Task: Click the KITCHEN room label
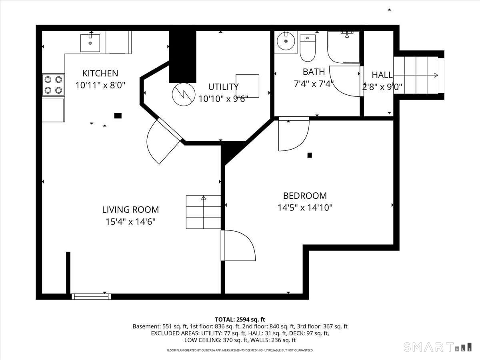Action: (100, 73)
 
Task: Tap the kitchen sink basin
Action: (90, 43)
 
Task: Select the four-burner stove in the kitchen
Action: (53, 85)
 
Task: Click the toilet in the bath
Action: (308, 48)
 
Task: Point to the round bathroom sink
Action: (286, 41)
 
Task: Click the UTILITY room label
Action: (223, 87)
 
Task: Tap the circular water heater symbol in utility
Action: (184, 94)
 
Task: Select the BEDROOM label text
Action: (305, 196)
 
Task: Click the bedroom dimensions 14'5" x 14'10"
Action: (305, 208)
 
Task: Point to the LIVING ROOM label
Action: (130, 210)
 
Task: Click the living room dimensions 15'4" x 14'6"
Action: (130, 222)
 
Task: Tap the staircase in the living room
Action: (203, 212)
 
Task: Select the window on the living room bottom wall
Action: (91, 297)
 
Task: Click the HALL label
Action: (382, 75)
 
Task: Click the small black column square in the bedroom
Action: (310, 155)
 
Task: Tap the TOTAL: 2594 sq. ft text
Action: (240, 319)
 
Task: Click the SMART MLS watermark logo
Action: (437, 347)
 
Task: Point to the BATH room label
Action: (314, 72)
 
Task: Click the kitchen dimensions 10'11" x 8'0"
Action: (100, 85)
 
